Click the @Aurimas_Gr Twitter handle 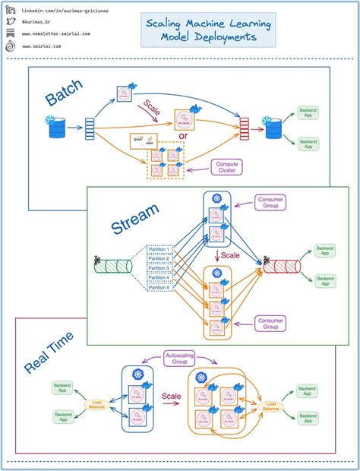click(41, 21)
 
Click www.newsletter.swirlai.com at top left click(56, 34)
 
